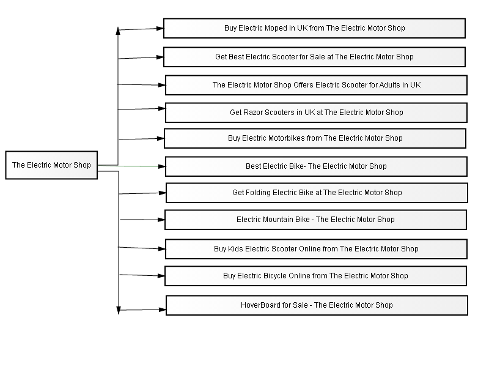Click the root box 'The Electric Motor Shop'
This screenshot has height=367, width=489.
(x=51, y=165)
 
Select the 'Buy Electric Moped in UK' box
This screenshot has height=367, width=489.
(x=314, y=28)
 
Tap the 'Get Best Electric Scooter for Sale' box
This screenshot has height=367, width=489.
(x=314, y=57)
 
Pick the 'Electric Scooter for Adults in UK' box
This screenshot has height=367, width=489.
(x=316, y=85)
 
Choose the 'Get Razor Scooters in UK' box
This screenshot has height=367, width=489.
(x=316, y=113)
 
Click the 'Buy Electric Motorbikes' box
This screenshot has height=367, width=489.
(x=315, y=138)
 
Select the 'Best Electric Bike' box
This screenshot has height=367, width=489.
(x=316, y=166)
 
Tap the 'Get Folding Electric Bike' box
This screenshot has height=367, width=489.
(x=317, y=193)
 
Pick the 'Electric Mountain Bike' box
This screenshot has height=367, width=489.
(x=315, y=220)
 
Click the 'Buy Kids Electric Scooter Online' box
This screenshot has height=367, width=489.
(x=316, y=249)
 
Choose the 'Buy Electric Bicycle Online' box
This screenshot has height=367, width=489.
(x=315, y=276)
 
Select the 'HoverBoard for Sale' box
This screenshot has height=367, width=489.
(x=317, y=305)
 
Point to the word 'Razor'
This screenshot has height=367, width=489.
(x=253, y=113)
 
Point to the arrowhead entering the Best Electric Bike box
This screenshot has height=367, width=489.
(x=161, y=166)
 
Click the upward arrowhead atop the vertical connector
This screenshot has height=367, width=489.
(x=118, y=31)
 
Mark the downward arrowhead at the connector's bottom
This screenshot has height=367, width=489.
(x=119, y=310)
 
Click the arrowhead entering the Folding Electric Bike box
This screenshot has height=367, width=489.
(x=162, y=193)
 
